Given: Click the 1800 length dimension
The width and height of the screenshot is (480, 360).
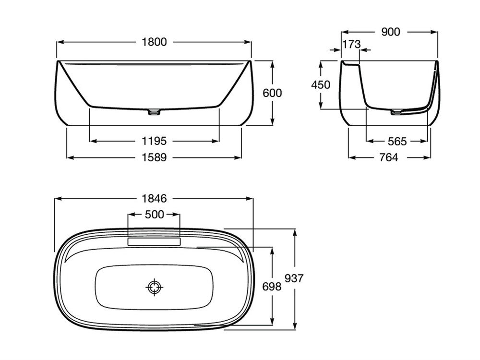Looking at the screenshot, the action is (x=154, y=42).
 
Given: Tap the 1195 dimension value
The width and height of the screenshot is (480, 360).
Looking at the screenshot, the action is (x=154, y=141).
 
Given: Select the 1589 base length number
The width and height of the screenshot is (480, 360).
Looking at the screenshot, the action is (x=154, y=157).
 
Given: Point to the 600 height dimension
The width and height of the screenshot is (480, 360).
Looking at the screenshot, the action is (x=272, y=93).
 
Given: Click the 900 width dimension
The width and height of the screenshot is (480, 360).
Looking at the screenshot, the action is (x=391, y=32).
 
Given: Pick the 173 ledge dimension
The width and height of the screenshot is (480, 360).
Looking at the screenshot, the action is (x=351, y=44).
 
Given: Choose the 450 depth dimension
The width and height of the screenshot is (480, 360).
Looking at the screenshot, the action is (x=321, y=84).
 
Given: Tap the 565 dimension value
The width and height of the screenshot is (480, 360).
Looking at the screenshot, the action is (x=397, y=142).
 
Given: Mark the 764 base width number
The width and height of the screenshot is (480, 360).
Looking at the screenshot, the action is (x=388, y=157).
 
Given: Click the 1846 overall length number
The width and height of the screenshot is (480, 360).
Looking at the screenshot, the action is (x=154, y=199).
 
